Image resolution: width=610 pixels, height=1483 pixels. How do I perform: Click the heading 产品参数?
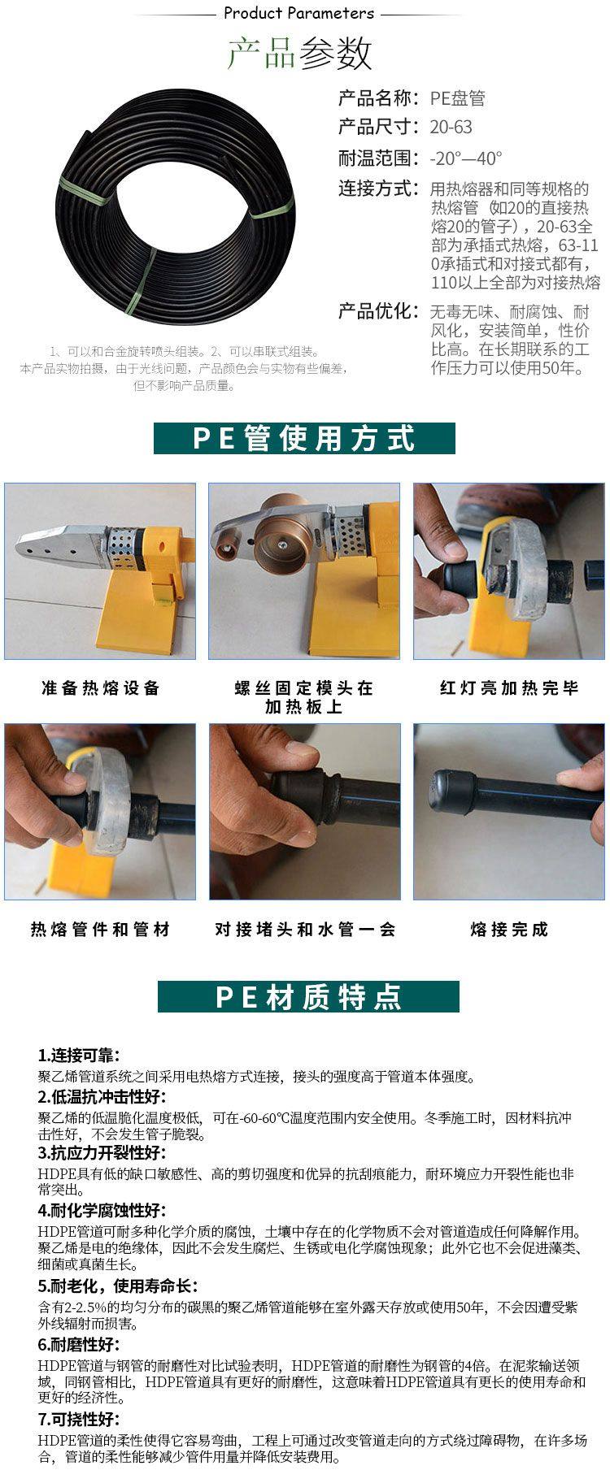click(x=298, y=53)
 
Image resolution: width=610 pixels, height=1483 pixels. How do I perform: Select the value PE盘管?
click(x=457, y=98)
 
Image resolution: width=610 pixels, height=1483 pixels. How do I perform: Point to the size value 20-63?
click(x=451, y=127)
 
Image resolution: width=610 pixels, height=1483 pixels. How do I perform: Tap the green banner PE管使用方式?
click(x=304, y=438)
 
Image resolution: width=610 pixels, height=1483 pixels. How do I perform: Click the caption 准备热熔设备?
click(x=101, y=688)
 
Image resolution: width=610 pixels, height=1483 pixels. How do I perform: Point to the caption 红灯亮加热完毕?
click(x=509, y=688)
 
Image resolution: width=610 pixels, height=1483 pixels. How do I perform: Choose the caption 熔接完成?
click(x=509, y=929)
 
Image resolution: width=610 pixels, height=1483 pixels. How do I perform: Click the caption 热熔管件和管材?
click(x=101, y=929)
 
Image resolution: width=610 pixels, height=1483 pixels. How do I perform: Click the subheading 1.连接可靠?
click(x=79, y=1056)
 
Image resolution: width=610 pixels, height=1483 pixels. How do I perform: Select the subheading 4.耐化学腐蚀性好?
click(x=102, y=1211)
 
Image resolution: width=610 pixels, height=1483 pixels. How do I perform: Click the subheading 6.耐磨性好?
click(x=79, y=1345)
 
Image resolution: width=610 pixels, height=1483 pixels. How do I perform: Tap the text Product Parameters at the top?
click(x=298, y=13)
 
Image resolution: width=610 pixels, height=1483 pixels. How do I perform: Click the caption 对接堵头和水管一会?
click(x=305, y=929)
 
